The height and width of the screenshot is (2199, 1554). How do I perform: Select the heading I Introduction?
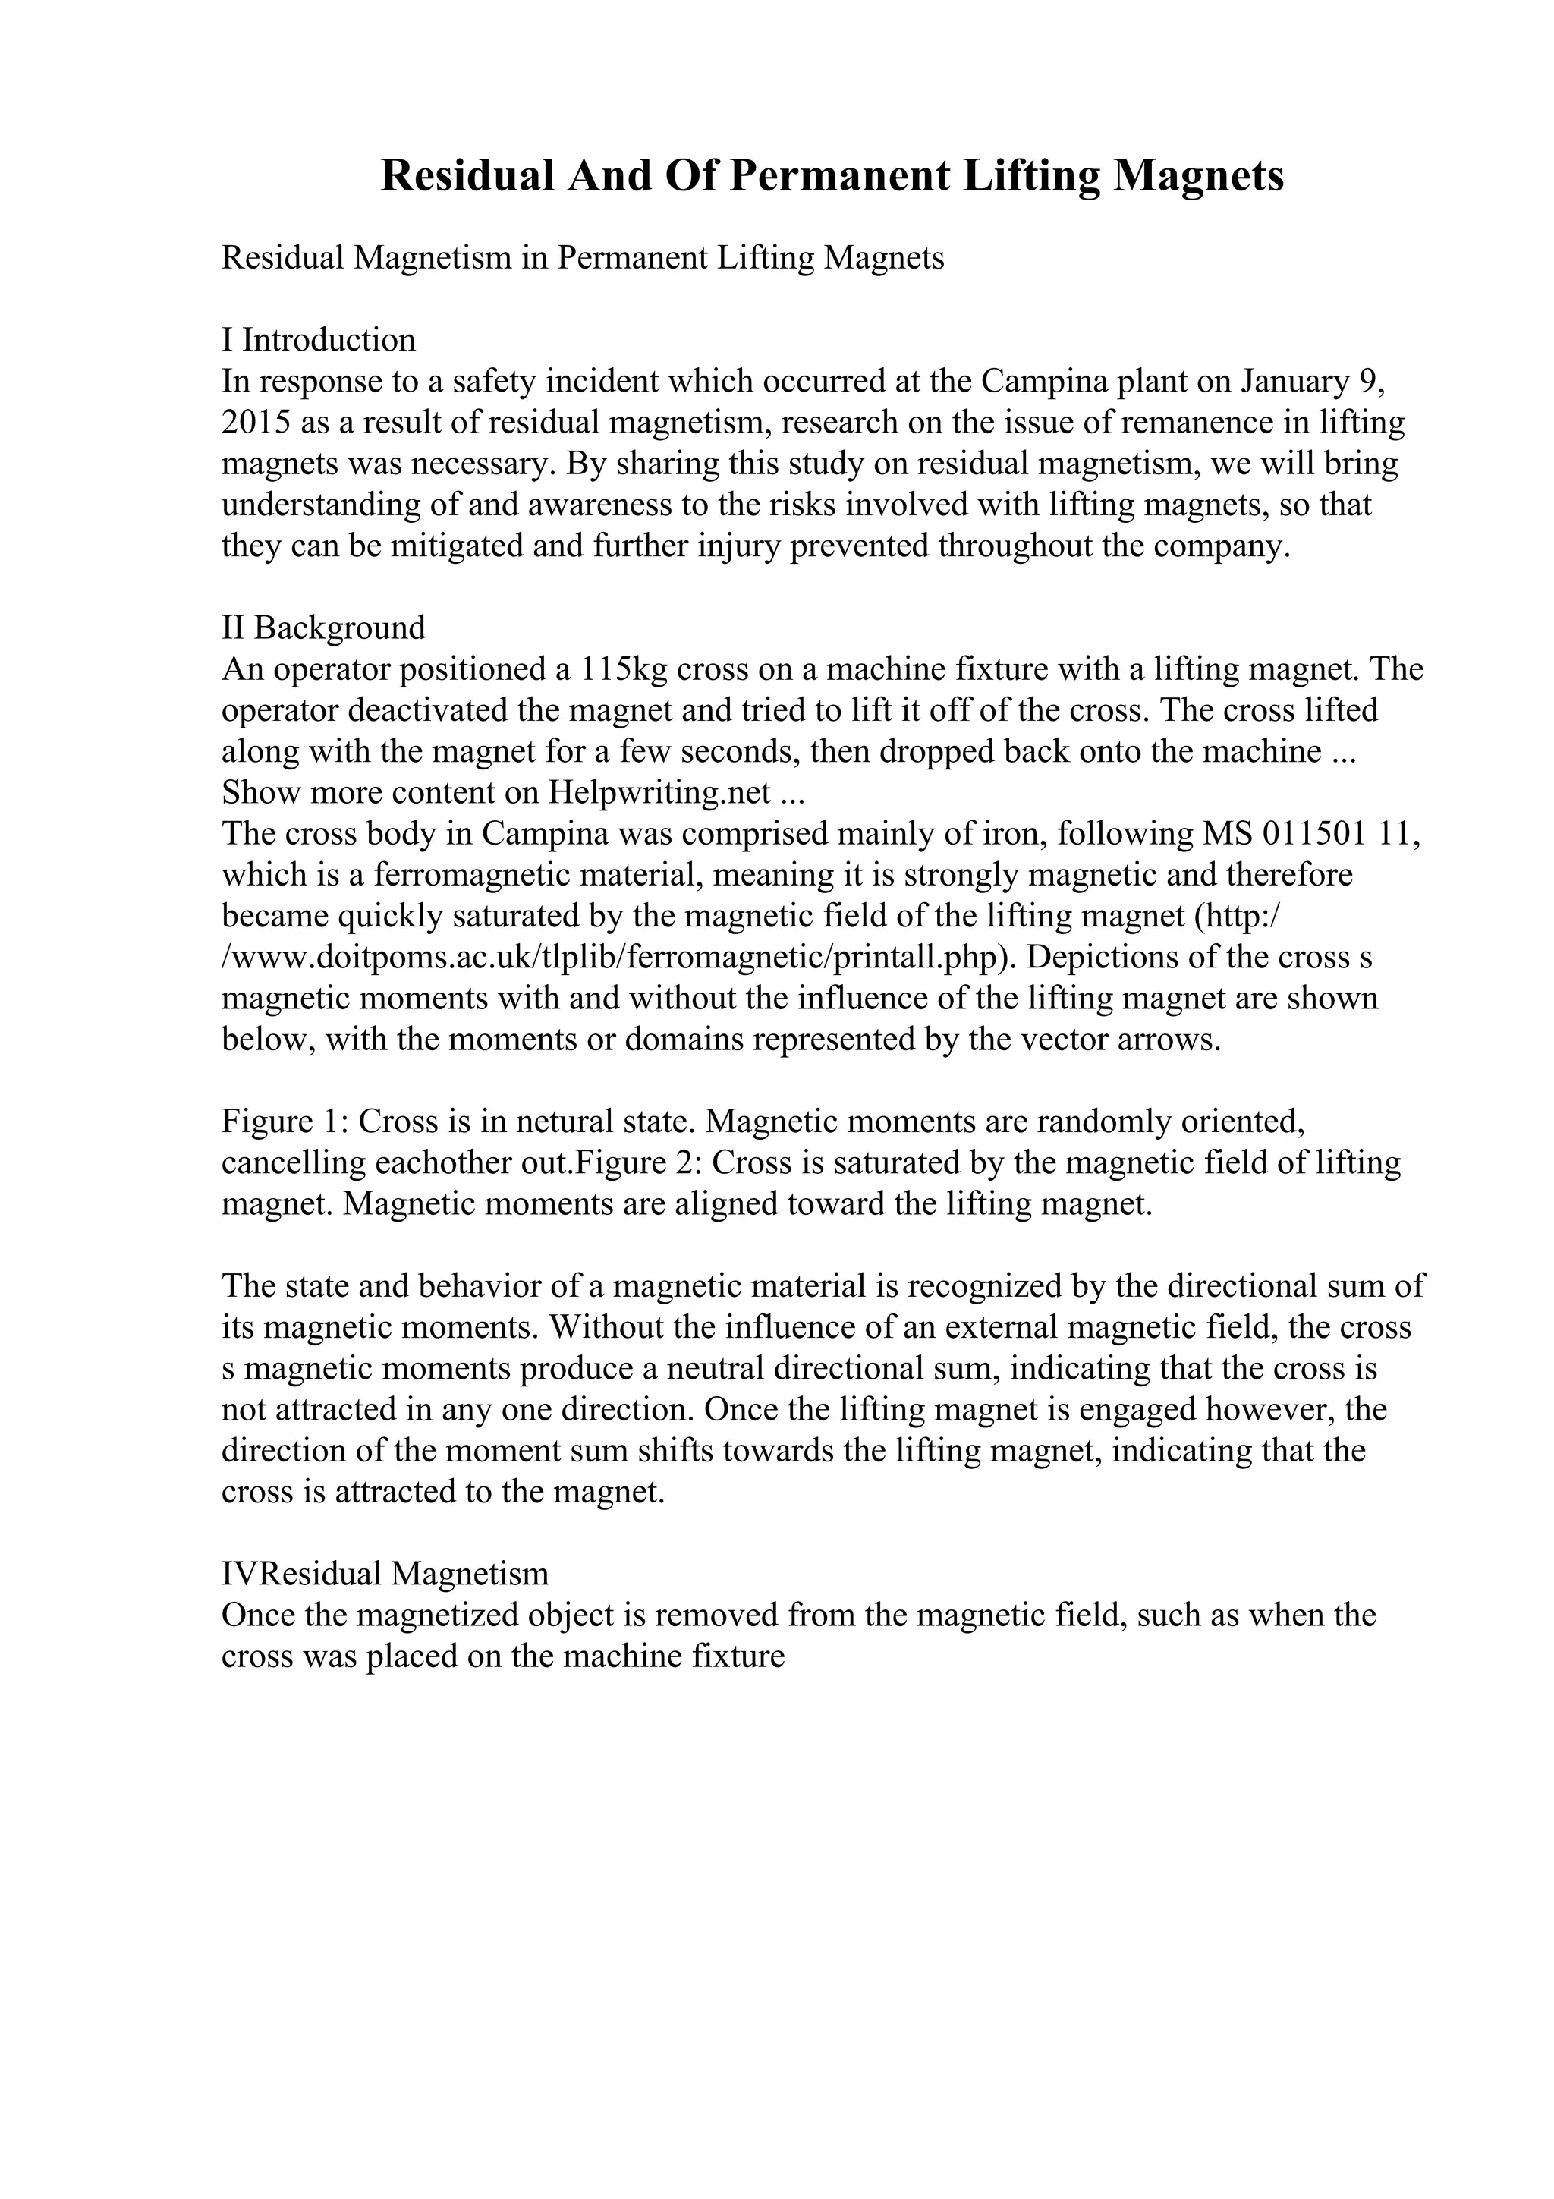(319, 340)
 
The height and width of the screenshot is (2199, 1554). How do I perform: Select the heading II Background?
(324, 628)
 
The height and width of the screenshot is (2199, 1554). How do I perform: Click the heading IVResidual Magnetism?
(385, 1575)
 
